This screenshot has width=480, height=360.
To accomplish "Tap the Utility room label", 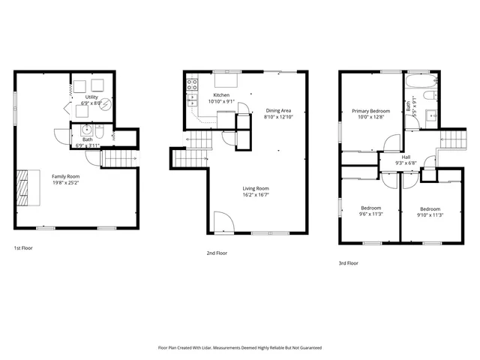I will (92, 97).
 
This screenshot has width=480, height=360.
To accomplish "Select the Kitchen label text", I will (221, 95).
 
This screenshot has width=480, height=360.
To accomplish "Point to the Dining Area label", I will (278, 111).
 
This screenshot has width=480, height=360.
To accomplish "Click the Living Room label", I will (255, 188).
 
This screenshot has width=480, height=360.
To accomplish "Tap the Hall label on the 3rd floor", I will (406, 157).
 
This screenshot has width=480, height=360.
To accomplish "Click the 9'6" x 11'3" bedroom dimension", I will (371, 214).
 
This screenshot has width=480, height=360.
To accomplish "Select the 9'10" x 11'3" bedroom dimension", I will (430, 214).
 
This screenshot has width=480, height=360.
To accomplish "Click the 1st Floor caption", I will (23, 247).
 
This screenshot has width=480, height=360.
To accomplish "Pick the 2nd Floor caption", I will (217, 253).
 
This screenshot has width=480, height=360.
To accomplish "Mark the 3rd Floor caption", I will (348, 263).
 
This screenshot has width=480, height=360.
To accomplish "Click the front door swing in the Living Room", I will (223, 222).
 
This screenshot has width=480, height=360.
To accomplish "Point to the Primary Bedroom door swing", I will (391, 141).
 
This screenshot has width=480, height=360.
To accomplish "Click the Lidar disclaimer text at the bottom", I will (240, 348).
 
